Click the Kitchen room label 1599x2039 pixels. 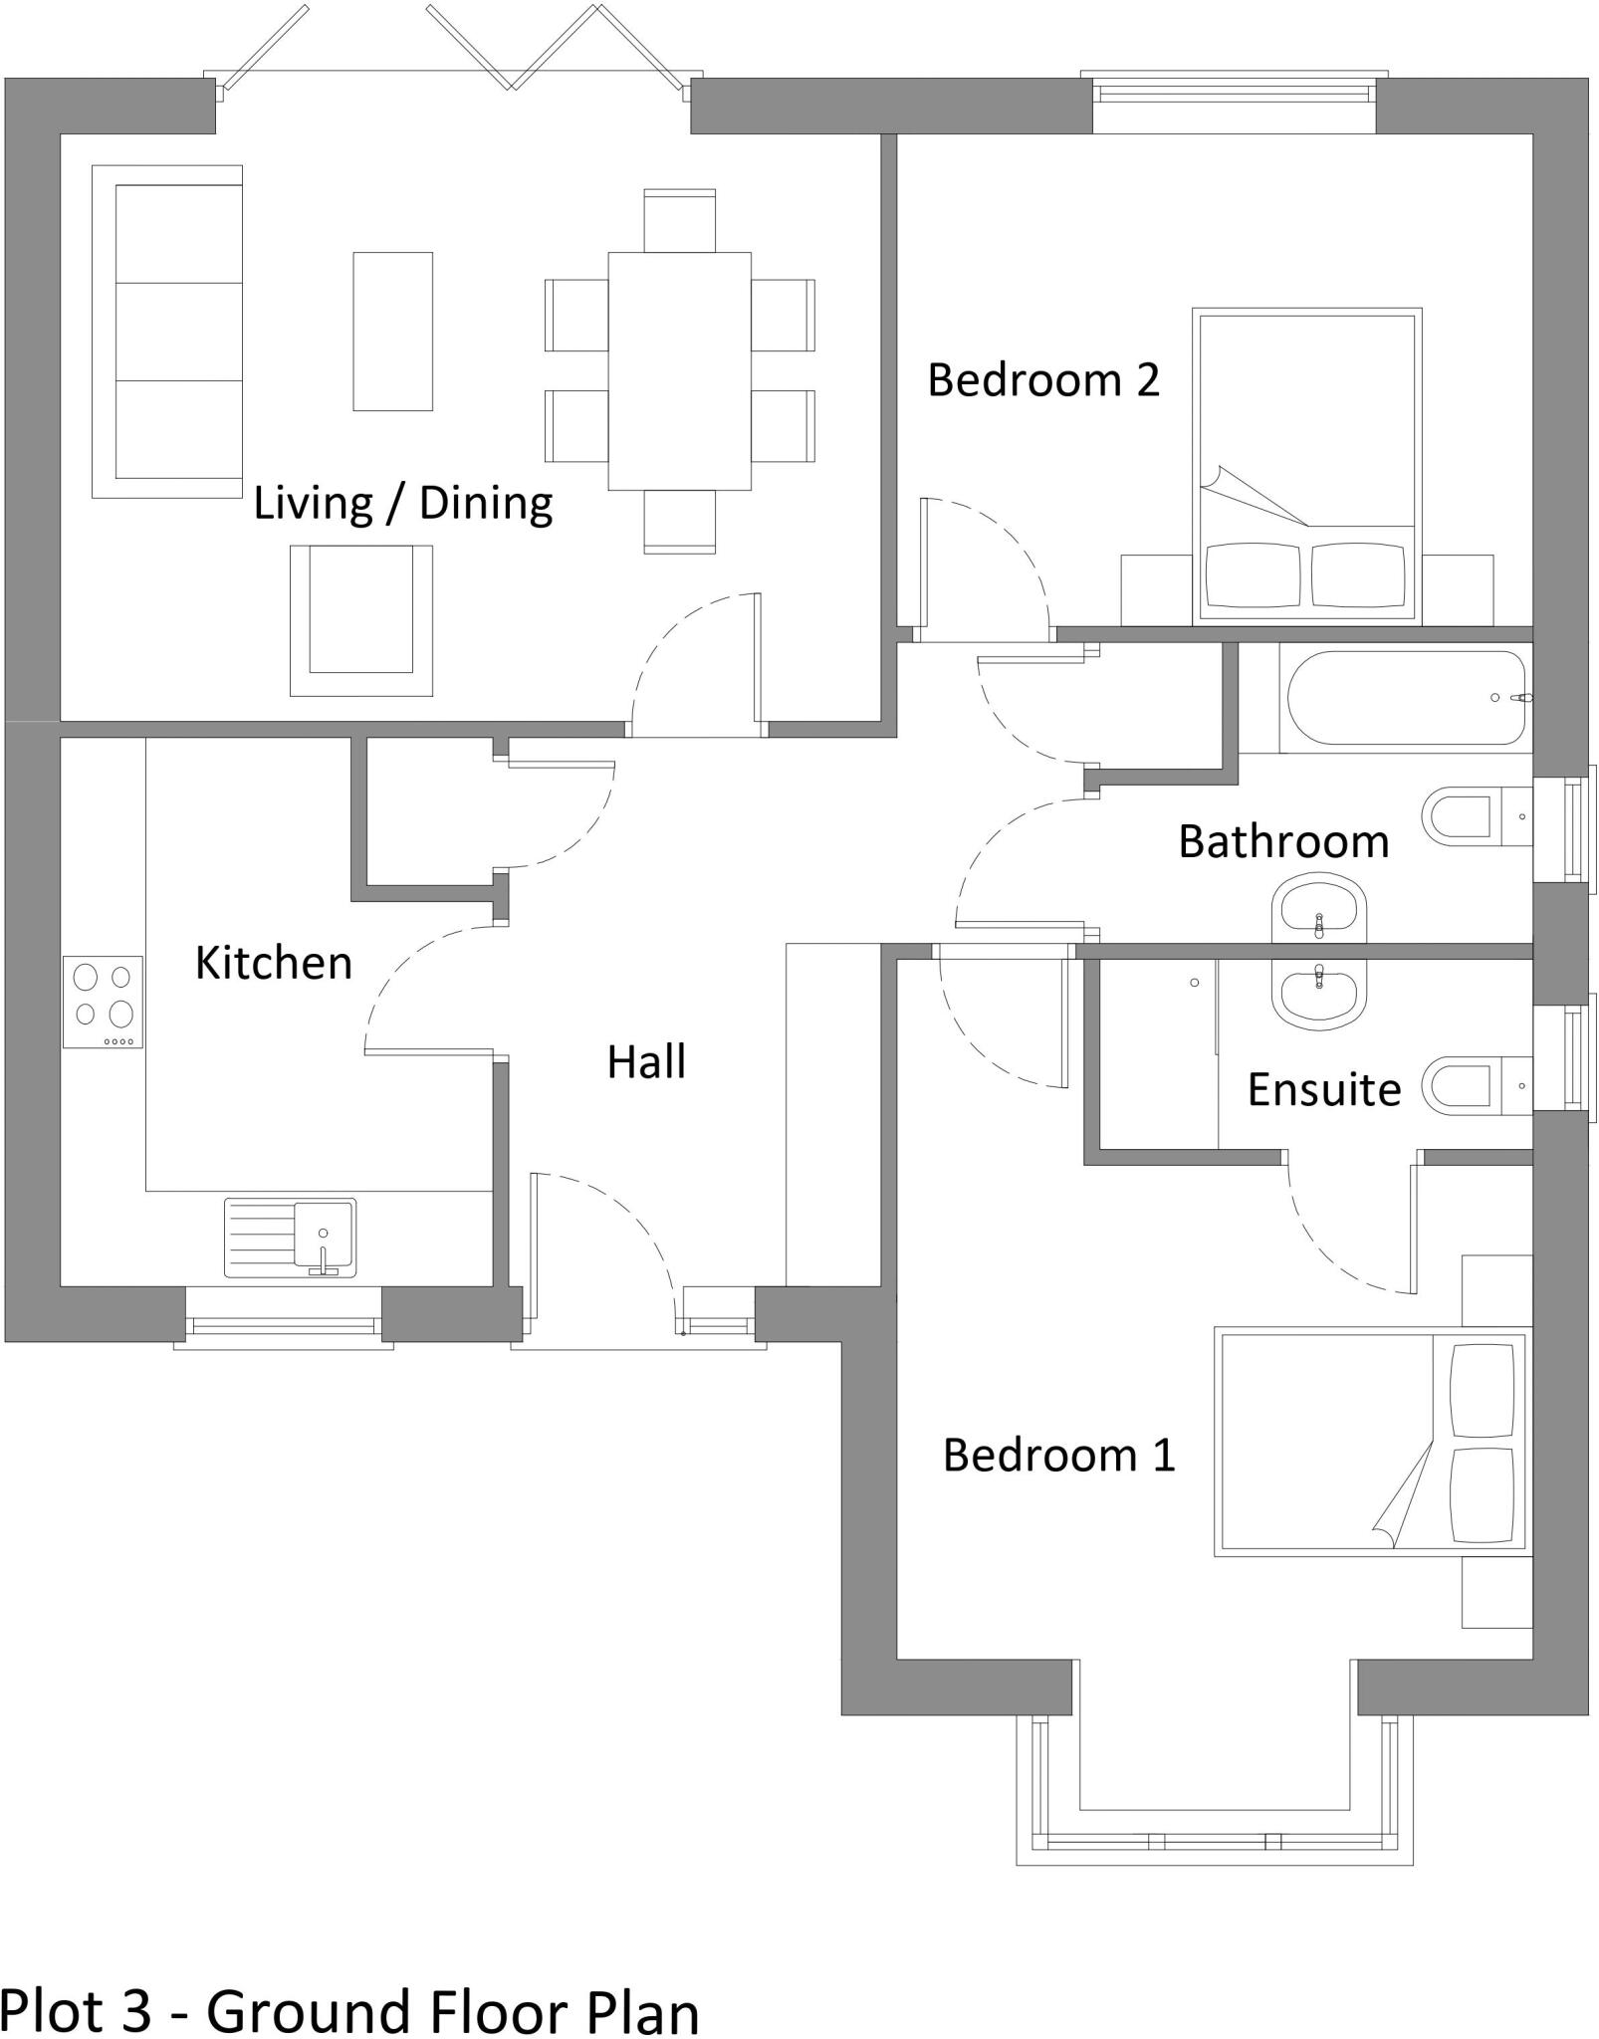[274, 963]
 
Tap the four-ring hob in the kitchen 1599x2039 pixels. [104, 1002]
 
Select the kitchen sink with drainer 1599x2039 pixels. [290, 1238]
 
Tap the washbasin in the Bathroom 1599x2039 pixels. [1318, 907]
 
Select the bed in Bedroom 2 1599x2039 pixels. [1306, 466]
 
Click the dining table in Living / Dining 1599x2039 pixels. [679, 371]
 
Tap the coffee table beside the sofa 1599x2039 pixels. [392, 332]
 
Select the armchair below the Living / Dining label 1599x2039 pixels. [360, 620]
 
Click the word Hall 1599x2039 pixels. [646, 1062]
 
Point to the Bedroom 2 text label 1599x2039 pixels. [1043, 380]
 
